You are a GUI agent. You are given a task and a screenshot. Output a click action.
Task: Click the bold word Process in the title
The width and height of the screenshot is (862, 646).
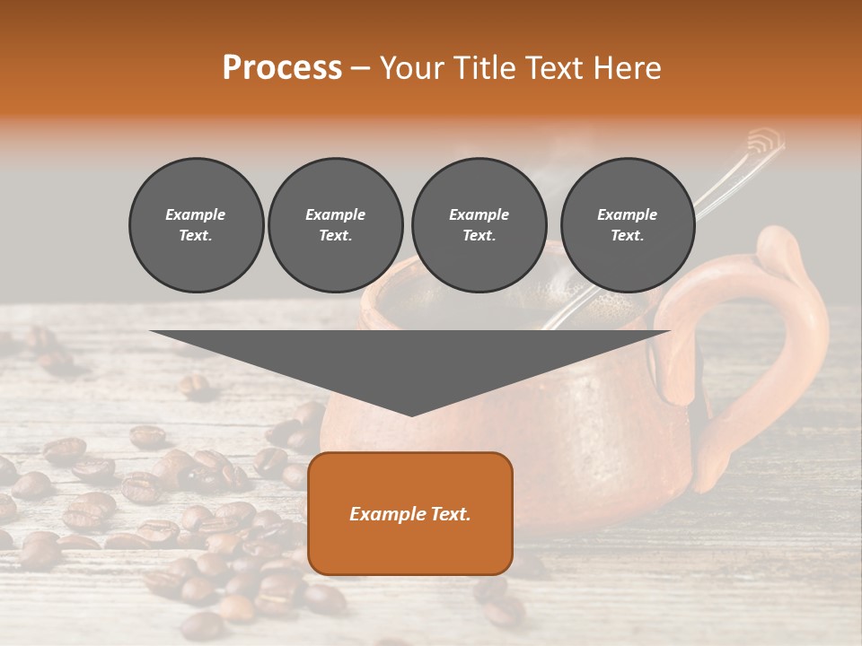click(x=282, y=68)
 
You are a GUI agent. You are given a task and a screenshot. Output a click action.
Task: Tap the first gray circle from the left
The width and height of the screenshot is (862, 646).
click(x=196, y=225)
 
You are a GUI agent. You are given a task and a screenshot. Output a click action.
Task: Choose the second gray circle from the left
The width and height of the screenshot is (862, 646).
click(x=335, y=225)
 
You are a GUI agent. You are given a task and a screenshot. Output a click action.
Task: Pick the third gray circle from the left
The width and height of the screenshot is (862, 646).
click(x=479, y=225)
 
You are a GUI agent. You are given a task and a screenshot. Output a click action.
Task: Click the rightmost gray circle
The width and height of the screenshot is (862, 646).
click(x=627, y=225)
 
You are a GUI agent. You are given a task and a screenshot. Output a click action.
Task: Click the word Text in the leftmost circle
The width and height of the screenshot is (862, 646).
click(x=196, y=236)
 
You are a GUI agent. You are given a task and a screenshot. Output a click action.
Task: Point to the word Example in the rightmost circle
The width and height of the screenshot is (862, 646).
click(x=627, y=214)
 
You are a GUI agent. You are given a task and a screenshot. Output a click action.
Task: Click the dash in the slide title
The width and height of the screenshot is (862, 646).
click(x=360, y=68)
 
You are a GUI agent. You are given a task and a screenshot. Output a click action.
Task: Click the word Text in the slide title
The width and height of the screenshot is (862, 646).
click(x=554, y=68)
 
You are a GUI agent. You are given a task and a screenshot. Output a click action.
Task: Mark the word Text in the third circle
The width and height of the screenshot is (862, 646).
click(x=479, y=236)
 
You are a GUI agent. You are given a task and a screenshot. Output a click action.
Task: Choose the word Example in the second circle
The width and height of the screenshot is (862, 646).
click(x=335, y=214)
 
